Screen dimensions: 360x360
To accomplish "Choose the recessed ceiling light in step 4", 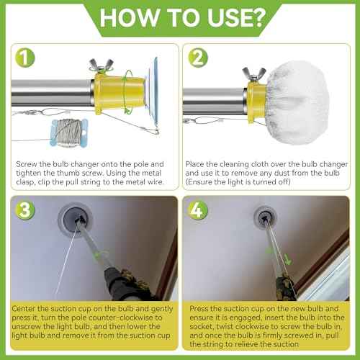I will [x=262, y=213].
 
